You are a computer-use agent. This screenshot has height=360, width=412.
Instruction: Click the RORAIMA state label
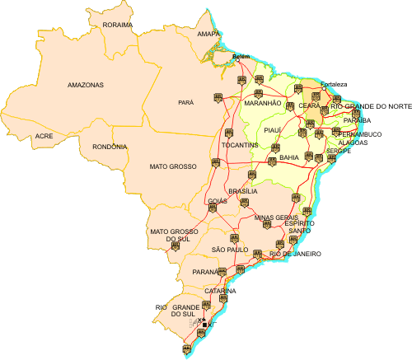click(x=118, y=25)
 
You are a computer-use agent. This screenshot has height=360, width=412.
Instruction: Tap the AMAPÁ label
click(x=209, y=35)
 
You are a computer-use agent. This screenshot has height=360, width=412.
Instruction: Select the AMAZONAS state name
click(x=85, y=85)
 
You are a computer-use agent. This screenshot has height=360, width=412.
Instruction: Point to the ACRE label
click(x=44, y=136)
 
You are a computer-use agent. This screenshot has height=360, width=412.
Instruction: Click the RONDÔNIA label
click(x=110, y=147)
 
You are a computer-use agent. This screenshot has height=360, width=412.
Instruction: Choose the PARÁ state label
click(x=185, y=103)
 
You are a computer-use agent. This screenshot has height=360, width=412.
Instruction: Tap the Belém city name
click(x=241, y=56)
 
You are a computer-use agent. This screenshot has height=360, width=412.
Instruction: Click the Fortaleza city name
click(x=334, y=84)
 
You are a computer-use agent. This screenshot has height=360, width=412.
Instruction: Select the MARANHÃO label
click(x=263, y=103)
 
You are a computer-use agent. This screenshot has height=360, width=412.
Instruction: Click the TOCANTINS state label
click(x=241, y=145)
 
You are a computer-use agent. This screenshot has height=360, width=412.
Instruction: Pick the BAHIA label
click(x=289, y=157)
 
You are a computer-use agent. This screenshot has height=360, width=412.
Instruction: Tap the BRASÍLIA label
click(x=243, y=191)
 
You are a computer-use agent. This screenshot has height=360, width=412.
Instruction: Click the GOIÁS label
click(x=218, y=201)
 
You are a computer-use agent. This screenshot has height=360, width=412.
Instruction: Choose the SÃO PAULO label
click(x=230, y=249)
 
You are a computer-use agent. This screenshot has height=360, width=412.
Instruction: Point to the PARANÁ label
click(x=205, y=271)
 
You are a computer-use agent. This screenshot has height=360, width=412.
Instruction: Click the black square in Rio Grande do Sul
click(x=205, y=325)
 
